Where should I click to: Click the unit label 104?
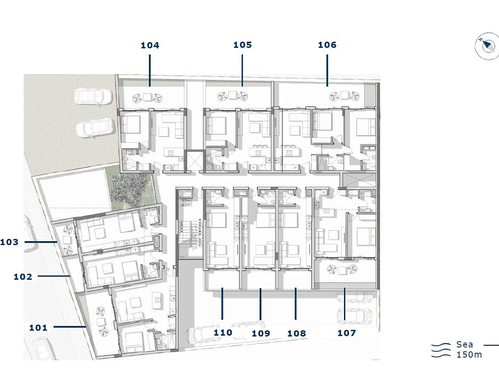(x=150, y=45)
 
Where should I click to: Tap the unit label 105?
(x=243, y=45)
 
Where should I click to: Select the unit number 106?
(x=327, y=45)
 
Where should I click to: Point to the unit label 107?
(x=347, y=333)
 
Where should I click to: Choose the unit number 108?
(x=297, y=333)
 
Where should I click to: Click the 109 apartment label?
(x=261, y=333)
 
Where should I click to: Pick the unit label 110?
(x=223, y=333)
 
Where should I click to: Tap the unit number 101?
(x=38, y=328)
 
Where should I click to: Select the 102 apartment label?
(x=23, y=277)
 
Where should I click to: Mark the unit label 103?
(x=9, y=242)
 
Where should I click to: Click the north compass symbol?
(x=487, y=47)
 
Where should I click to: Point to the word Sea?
(x=464, y=344)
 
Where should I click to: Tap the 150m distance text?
(x=469, y=354)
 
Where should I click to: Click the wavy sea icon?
(x=441, y=350)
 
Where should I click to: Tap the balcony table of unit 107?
(x=342, y=271)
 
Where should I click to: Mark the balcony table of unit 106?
(x=344, y=95)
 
